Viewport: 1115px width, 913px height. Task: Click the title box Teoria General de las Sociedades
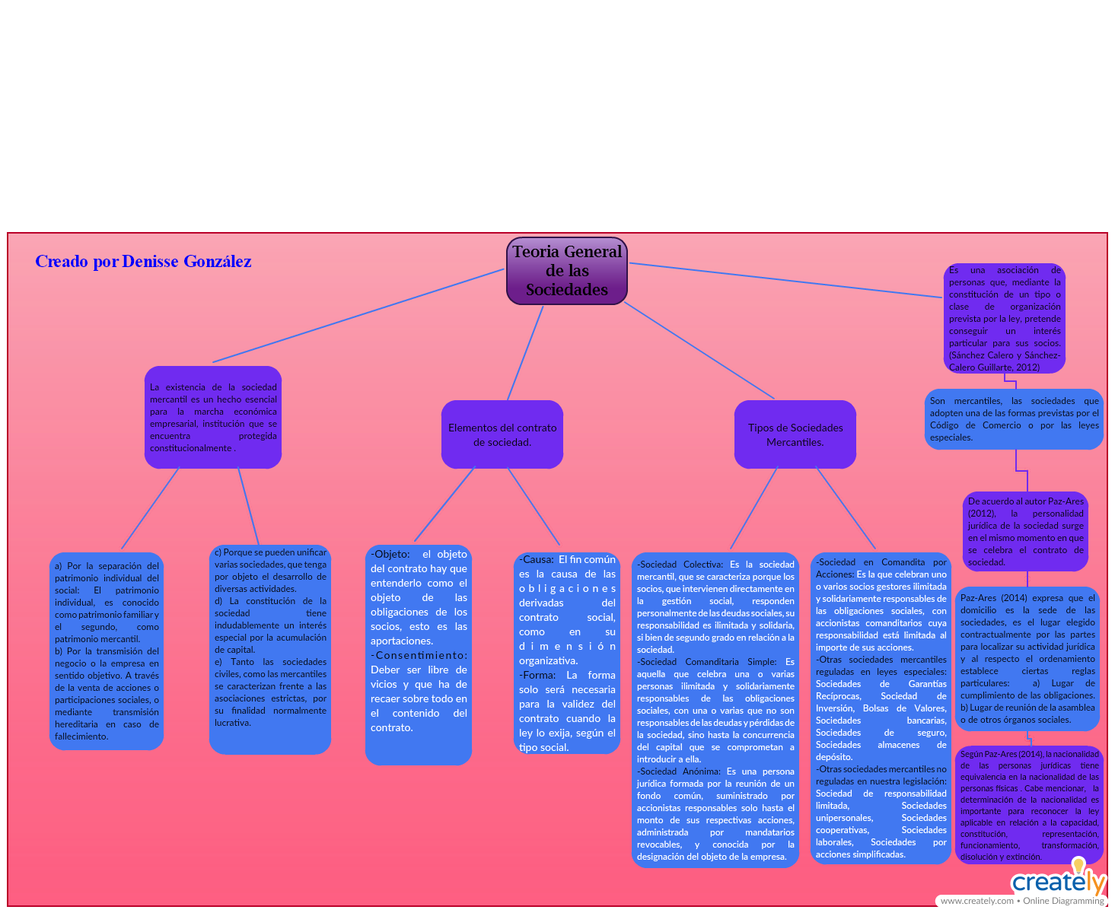[x=567, y=271]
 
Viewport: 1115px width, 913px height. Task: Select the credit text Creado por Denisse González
[x=143, y=262]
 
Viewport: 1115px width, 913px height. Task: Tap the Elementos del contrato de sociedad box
[x=502, y=434]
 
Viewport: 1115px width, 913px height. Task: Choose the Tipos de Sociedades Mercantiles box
[x=795, y=434]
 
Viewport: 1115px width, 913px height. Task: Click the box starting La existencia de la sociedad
[x=213, y=417]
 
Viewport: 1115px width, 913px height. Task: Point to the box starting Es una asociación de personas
[x=1004, y=318]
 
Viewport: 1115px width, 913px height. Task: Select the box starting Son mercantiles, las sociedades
[x=1014, y=419]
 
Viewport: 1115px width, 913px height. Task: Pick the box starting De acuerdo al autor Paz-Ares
[x=1025, y=531]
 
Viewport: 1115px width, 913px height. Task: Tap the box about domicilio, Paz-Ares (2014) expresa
[x=1027, y=658]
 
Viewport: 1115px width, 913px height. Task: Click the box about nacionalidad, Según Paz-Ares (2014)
[x=1029, y=805]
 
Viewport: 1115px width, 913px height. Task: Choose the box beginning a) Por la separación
[x=107, y=651]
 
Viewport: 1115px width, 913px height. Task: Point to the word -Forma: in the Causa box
[x=537, y=675]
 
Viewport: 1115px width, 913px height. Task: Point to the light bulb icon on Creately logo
[x=1078, y=865]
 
